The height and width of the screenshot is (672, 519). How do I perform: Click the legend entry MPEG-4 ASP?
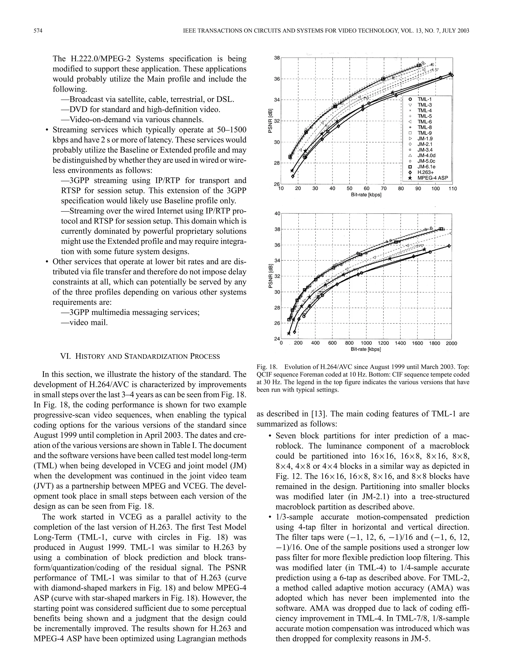pyautogui.click(x=432, y=178)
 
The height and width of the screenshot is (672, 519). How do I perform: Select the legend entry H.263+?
pyautogui.click(x=425, y=172)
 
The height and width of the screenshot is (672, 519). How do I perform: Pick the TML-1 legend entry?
pyautogui.click(x=424, y=99)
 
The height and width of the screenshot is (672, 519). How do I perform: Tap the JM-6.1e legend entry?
pyautogui.click(x=426, y=167)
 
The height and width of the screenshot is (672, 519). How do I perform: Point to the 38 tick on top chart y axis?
pyautogui.click(x=277, y=58)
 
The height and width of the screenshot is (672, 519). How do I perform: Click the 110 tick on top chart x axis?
pyautogui.click(x=453, y=189)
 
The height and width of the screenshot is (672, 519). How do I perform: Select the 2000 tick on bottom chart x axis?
pyautogui.click(x=451, y=343)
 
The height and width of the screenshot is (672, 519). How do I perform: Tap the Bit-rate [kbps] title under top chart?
pyautogui.click(x=366, y=195)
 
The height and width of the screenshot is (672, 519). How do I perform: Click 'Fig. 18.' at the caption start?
pyautogui.click(x=267, y=367)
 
